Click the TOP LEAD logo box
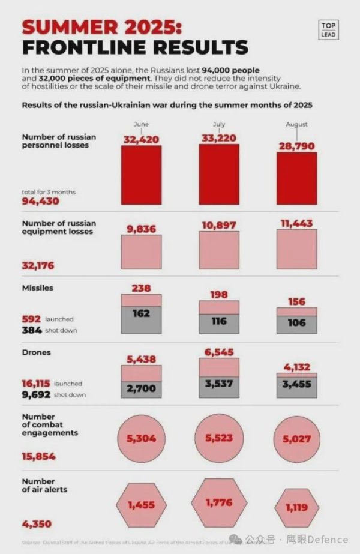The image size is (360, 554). [328, 29]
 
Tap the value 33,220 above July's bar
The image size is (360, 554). [218, 137]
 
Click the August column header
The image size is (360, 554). [296, 124]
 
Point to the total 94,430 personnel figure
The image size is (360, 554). [41, 201]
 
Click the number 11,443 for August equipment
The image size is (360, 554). [296, 224]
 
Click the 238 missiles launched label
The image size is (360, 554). [141, 288]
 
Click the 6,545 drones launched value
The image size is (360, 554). [218, 352]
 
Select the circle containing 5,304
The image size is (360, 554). [141, 438]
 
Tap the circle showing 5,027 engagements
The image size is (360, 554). [296, 439]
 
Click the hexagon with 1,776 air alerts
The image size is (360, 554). [218, 503]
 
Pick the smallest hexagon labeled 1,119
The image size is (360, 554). [296, 508]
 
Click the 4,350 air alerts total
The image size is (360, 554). [37, 524]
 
